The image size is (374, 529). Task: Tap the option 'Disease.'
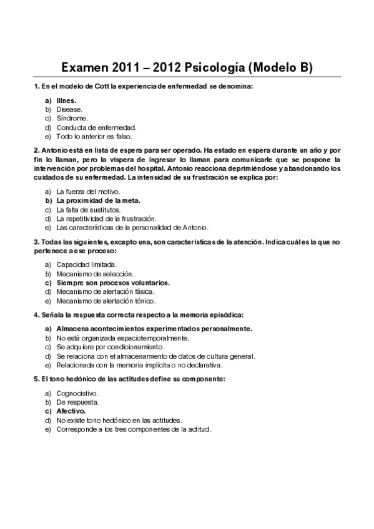[x=69, y=109]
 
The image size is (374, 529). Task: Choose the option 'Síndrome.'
[x=72, y=118]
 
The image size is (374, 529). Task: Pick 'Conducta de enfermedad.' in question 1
[x=91, y=127]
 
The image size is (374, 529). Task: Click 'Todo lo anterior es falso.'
[x=94, y=136]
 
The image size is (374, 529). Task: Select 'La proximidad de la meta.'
[x=98, y=201]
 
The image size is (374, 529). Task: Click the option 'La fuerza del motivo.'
[x=88, y=192]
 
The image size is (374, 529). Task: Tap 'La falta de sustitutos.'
[x=88, y=210]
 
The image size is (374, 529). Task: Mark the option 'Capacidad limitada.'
[x=86, y=264]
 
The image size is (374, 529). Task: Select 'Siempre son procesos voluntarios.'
[x=112, y=283]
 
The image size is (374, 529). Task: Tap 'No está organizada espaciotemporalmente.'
[x=122, y=337]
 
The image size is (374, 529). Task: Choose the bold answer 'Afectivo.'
[x=71, y=411]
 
